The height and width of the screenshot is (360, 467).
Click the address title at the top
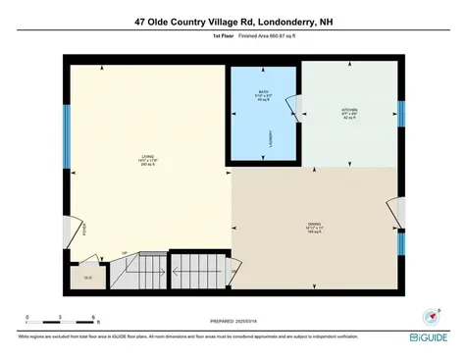[233, 20]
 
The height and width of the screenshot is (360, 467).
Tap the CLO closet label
[86, 279]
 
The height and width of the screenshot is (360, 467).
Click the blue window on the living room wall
[67, 125]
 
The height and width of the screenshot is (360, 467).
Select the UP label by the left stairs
[125, 252]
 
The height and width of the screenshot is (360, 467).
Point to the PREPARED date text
[233, 321]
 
